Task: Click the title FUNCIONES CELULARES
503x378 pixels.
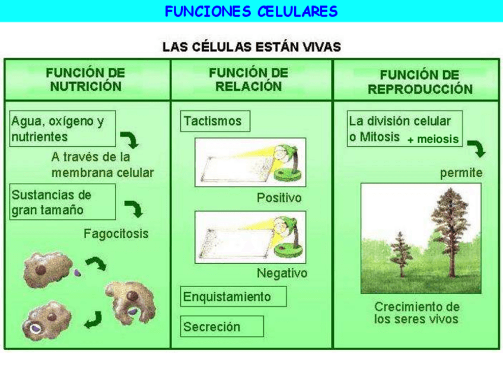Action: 251,11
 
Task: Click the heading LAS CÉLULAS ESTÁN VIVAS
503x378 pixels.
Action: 251,47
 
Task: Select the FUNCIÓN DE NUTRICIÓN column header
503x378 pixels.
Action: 86,80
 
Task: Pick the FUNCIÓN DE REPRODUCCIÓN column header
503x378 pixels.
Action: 419,82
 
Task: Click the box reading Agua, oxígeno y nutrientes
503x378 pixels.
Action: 62,128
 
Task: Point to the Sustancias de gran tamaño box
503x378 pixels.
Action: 62,202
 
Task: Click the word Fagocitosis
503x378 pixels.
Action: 116,234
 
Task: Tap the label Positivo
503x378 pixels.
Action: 279,197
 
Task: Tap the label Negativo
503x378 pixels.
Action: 282,273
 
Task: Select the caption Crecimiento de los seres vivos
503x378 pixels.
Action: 416,313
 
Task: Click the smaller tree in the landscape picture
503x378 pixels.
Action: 401,253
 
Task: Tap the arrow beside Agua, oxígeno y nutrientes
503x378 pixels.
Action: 129,140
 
